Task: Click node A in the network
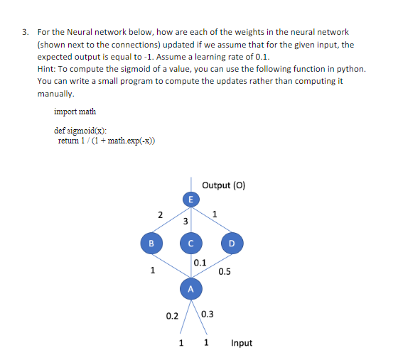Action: [x=190, y=289]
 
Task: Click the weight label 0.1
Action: [x=200, y=263]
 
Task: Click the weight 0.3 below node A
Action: [x=208, y=315]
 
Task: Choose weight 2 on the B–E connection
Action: [x=161, y=214]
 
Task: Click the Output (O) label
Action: [x=224, y=185]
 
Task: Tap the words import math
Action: [x=75, y=111]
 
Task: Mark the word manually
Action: [x=56, y=92]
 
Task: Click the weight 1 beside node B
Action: [x=151, y=270]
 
